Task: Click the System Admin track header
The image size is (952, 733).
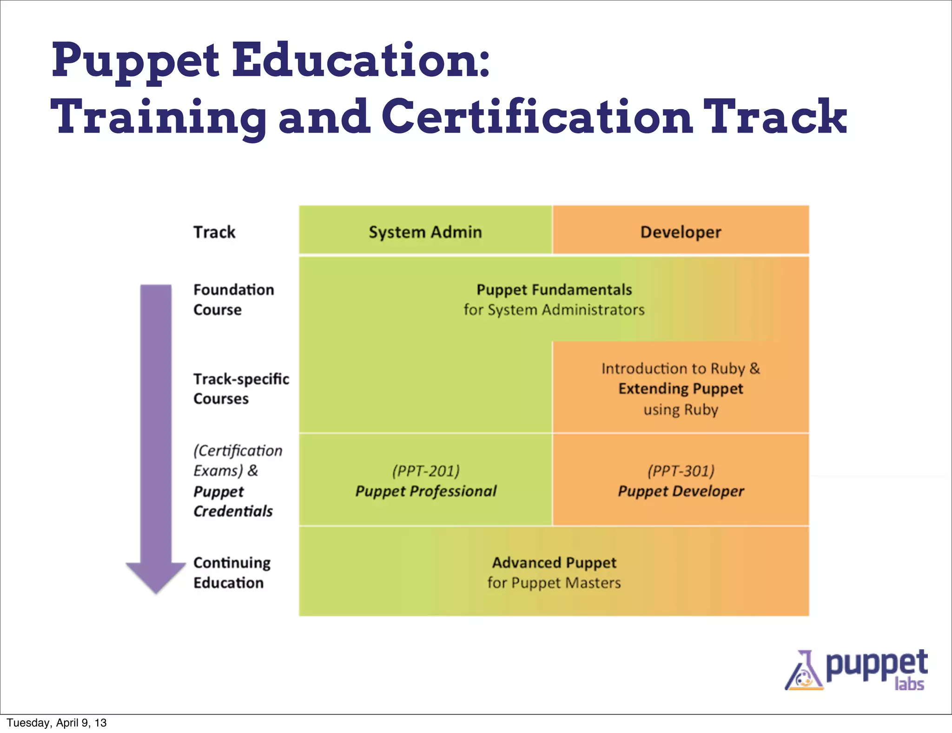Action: pyautogui.click(x=425, y=232)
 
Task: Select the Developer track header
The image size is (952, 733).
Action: pyautogui.click(x=681, y=232)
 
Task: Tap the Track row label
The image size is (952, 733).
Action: pyautogui.click(x=214, y=232)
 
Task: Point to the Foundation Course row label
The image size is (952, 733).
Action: pyautogui.click(x=233, y=300)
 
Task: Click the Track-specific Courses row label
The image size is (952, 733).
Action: pyautogui.click(x=241, y=389)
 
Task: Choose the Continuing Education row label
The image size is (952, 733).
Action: pyautogui.click(x=231, y=573)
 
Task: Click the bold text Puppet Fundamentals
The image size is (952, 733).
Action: pyautogui.click(x=554, y=290)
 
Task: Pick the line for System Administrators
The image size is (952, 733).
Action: pyautogui.click(x=554, y=310)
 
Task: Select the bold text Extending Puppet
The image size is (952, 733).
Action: pyautogui.click(x=681, y=388)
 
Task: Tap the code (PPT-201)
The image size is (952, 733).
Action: pyautogui.click(x=426, y=471)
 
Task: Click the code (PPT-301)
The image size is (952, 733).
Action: pyautogui.click(x=681, y=471)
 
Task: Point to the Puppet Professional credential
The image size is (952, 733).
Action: pyautogui.click(x=426, y=491)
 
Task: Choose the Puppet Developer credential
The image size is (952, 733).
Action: pyautogui.click(x=681, y=491)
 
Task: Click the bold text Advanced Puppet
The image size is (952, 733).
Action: pyautogui.click(x=554, y=563)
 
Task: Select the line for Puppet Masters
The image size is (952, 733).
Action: pyautogui.click(x=554, y=583)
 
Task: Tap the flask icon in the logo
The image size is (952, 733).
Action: pyautogui.click(x=803, y=673)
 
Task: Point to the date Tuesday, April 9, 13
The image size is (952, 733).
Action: pyautogui.click(x=57, y=723)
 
